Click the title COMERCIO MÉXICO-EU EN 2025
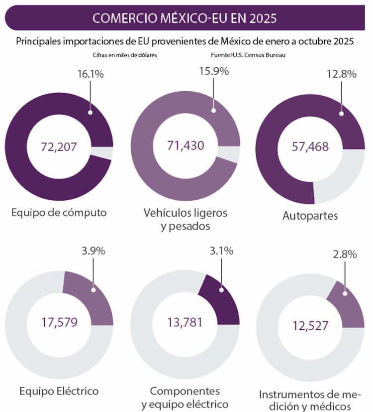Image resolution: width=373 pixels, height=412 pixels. pos(185,18)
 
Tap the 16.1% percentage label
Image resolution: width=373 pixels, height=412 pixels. pos(90,74)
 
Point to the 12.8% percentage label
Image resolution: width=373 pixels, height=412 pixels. pos(343,74)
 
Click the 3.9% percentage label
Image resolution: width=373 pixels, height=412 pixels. pos(93,251)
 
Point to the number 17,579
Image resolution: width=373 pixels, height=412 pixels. pos(59,321)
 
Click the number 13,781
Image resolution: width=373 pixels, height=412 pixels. pos(185,322)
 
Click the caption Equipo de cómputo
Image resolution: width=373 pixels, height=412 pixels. pos(59,213)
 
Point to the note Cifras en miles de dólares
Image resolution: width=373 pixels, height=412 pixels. pos(125,55)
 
